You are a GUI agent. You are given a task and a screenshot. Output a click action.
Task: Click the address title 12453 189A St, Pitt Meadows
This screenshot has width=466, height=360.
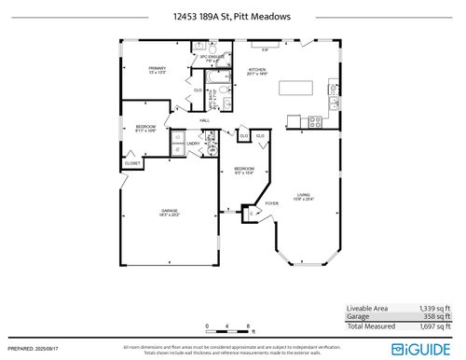coord(232,16)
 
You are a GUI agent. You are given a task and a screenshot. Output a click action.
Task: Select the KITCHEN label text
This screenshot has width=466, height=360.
coord(257,71)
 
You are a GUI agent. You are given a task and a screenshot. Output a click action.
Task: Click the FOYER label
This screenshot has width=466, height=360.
coord(272,202)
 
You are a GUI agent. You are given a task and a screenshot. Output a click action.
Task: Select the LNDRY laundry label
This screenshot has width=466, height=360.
coord(193,143)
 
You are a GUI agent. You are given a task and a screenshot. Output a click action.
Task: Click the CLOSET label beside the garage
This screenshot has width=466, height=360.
coord(132,164)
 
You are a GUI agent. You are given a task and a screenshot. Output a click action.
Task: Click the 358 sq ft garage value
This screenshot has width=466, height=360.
coord(434,317)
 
